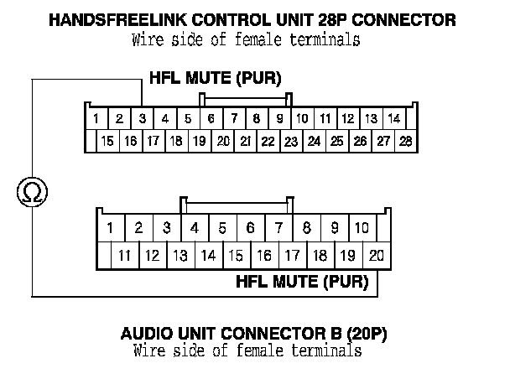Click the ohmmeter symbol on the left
(33, 193)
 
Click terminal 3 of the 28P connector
(143, 119)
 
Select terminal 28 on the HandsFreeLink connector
(405, 141)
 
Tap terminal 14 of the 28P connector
(393, 119)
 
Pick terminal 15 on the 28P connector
(107, 141)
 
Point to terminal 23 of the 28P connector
(290, 141)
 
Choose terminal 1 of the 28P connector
(97, 119)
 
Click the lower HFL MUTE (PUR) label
(303, 283)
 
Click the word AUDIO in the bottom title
(144, 334)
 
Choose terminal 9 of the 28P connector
(279, 119)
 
